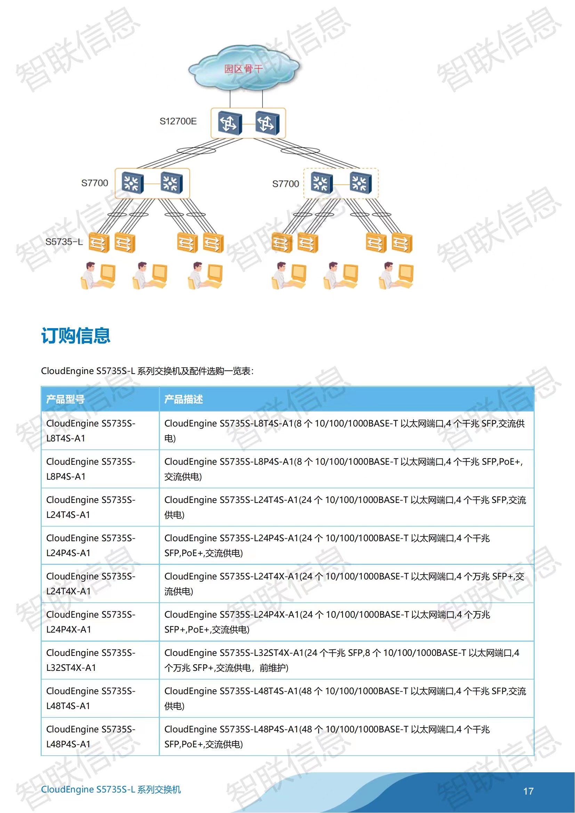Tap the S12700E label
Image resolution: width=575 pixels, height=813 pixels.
(178, 121)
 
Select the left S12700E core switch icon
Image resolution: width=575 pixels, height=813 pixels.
(229, 122)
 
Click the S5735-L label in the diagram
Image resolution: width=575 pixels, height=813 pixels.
(64, 242)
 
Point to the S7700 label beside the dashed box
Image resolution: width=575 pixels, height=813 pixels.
(285, 184)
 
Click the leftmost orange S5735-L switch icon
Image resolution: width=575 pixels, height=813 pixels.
(98, 243)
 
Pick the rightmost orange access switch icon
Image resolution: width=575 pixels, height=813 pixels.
(402, 243)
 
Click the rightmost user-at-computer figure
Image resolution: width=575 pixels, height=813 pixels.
(396, 276)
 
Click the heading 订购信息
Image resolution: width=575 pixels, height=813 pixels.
(76, 336)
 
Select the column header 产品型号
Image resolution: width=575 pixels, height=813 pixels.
(65, 399)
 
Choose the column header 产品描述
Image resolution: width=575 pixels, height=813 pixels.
(184, 399)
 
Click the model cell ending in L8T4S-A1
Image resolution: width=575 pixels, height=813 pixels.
(91, 431)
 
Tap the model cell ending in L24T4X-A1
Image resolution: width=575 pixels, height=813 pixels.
(91, 584)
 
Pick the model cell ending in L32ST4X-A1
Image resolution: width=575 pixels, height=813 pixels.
(91, 660)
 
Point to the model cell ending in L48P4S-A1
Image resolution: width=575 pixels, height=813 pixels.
(91, 737)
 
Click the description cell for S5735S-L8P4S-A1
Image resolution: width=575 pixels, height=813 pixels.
(343, 469)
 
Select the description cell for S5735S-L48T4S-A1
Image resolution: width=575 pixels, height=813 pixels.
(345, 698)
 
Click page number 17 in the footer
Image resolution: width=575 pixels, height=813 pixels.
(528, 791)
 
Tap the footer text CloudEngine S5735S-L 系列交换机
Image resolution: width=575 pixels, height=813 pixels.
(111, 789)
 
